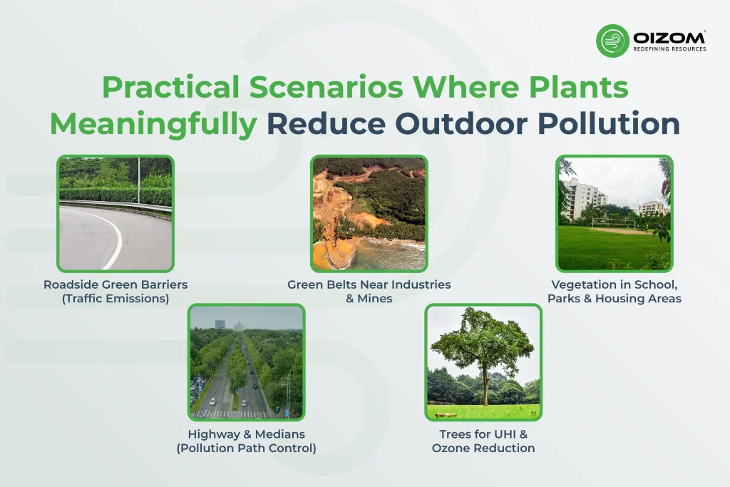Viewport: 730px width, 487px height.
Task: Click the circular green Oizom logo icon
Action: pos(612,41)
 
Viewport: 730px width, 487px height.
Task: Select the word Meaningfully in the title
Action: pos(153,123)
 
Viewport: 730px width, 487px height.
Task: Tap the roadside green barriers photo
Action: pos(115,213)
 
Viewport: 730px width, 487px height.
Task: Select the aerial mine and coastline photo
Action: pos(369,213)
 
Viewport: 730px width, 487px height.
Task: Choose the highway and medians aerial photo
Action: pos(247,362)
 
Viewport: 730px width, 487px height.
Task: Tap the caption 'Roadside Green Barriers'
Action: pos(115,284)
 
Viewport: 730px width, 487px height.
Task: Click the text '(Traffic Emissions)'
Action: pos(115,299)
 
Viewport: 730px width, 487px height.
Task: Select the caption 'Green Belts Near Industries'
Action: pos(369,284)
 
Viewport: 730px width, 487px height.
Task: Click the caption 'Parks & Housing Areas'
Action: pos(614,299)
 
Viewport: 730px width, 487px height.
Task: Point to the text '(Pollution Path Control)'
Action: pos(247,448)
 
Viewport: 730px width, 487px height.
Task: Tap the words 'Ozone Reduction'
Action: pos(483,448)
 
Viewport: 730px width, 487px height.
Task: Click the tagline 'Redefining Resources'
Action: pos(669,49)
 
